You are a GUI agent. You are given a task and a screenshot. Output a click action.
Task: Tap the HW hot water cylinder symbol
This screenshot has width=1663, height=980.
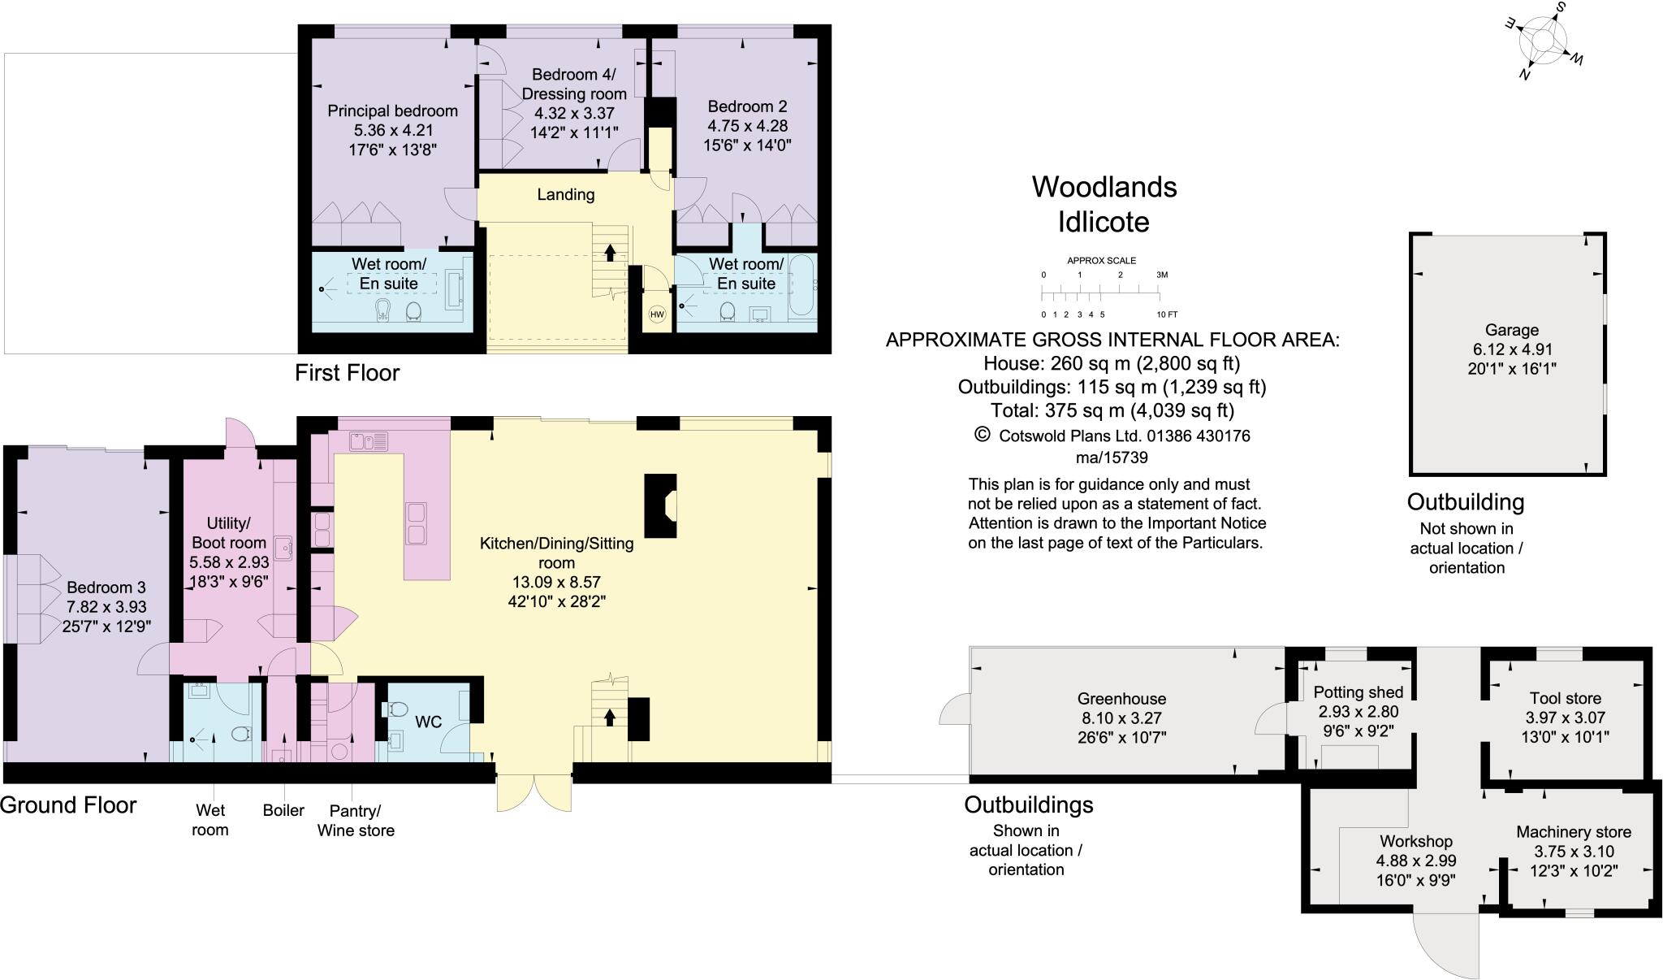657,314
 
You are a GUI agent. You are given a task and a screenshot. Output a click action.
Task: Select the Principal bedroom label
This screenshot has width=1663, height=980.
392,111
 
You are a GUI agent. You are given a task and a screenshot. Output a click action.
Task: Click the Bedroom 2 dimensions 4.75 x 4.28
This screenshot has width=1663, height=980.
747,126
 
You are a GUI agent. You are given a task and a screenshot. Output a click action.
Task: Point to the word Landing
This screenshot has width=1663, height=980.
566,195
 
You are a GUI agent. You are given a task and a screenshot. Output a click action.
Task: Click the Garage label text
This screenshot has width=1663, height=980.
1511,330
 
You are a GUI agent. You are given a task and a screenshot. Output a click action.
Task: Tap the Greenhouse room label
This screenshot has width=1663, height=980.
1121,699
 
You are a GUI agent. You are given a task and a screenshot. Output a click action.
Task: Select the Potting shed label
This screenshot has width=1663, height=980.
1358,692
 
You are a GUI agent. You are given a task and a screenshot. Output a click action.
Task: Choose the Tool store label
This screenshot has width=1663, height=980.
1565,698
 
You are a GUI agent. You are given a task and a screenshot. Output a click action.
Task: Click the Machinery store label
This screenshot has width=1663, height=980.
1573,832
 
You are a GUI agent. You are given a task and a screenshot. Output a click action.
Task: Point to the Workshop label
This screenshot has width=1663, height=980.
1415,842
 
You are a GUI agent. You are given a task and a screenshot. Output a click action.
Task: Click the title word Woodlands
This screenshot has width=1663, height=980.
1104,188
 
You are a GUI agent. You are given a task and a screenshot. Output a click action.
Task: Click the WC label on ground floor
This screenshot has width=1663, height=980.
428,722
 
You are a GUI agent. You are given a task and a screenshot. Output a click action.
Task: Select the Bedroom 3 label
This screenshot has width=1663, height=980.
106,588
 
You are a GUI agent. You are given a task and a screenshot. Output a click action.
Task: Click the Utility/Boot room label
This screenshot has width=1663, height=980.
228,532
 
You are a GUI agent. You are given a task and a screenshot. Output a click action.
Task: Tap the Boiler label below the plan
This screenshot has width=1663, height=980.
283,810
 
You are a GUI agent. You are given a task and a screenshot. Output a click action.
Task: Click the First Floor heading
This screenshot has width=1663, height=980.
347,373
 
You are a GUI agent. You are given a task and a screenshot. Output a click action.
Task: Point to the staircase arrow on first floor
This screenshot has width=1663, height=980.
610,252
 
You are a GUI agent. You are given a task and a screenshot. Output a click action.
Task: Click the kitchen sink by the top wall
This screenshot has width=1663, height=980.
369,441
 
